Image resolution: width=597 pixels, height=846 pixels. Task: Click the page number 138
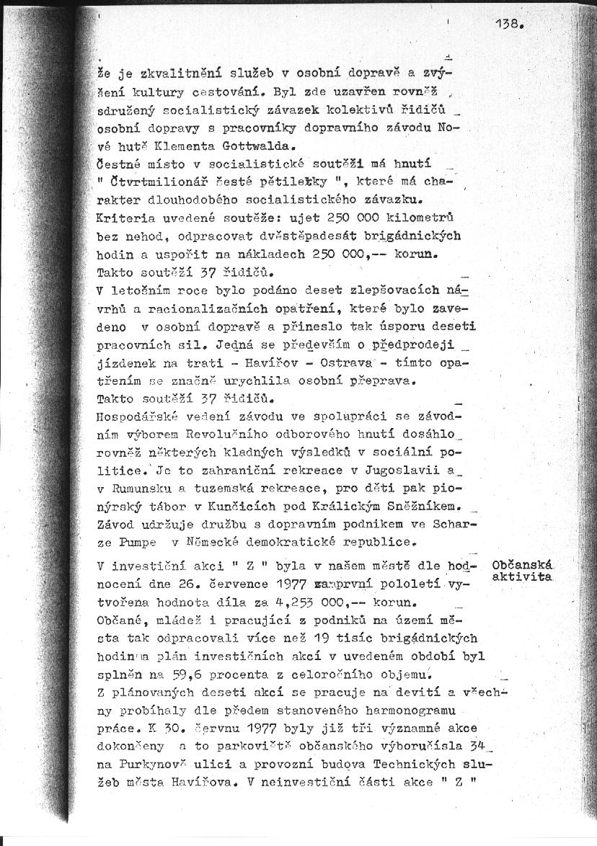(509, 23)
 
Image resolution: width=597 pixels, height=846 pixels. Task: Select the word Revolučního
(229, 434)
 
